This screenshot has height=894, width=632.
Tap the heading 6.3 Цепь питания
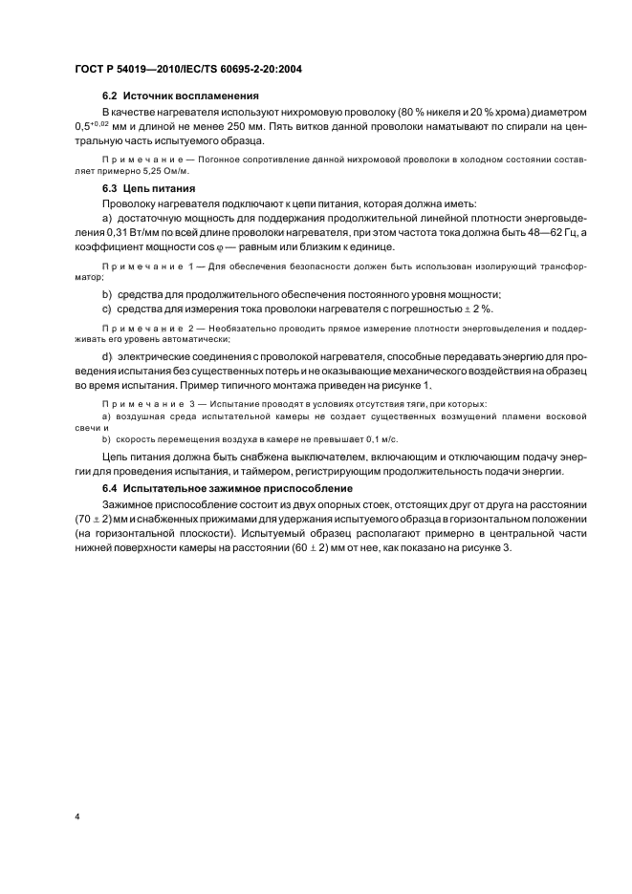pos(148,189)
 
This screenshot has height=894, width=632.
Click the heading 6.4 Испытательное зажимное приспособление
pos(228,488)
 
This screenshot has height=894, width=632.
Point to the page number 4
pos(76,817)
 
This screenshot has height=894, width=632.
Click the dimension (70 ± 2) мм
pos(96,519)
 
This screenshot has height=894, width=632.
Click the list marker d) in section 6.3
pos(107,356)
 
